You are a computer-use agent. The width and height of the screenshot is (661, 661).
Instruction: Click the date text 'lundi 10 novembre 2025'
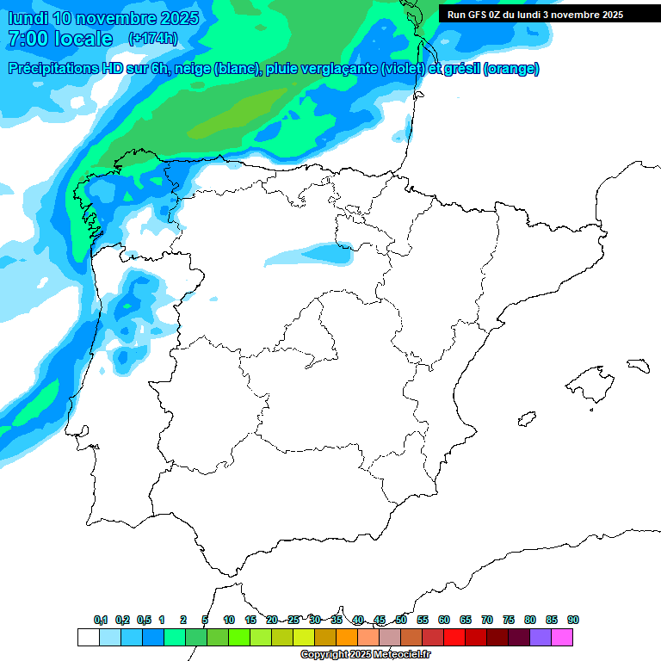[x=103, y=18]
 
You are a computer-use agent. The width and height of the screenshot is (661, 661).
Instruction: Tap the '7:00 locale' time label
[x=60, y=39]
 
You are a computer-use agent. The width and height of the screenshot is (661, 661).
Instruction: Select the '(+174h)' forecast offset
[x=152, y=39]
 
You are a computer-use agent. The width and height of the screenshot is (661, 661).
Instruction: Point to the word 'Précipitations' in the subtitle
[x=52, y=69]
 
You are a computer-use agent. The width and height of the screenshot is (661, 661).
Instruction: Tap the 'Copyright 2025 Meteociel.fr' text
[x=365, y=654]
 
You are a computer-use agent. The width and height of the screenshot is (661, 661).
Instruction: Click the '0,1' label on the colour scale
[x=101, y=621]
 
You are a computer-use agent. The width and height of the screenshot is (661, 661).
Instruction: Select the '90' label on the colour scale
[x=573, y=621]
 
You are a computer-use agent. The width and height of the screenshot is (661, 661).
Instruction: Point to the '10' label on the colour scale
[x=229, y=621]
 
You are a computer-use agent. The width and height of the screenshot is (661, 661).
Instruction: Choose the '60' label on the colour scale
[x=444, y=621]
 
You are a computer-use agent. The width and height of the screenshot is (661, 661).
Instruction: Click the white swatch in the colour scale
[x=88, y=637]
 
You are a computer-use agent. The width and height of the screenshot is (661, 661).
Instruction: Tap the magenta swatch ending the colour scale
[x=562, y=637]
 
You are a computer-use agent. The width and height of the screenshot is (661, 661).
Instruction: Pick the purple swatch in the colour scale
[x=541, y=637]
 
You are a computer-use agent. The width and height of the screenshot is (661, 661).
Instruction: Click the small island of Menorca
[x=638, y=366]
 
